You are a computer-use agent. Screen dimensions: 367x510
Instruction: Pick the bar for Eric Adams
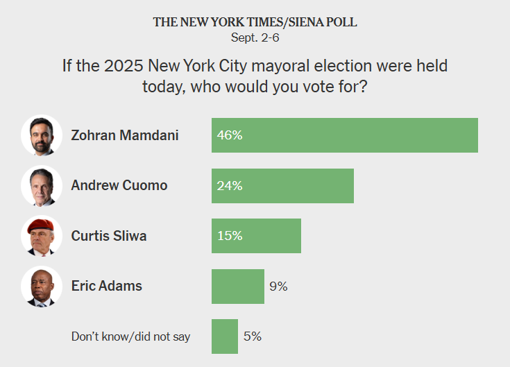237,286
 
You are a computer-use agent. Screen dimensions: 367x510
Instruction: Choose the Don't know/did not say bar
224,336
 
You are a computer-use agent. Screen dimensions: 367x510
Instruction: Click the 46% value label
230,135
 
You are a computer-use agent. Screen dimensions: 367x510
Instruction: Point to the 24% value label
230,186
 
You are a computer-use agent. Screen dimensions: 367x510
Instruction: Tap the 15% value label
230,236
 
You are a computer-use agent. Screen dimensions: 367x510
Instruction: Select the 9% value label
278,286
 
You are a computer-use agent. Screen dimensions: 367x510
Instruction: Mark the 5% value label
253,336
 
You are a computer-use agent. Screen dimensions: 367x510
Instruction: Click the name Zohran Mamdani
125,135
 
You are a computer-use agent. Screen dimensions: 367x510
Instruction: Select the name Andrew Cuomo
119,186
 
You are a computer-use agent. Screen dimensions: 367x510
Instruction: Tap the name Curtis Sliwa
109,236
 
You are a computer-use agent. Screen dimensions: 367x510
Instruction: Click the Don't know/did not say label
131,336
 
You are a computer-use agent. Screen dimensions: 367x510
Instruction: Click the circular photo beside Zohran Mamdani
38,135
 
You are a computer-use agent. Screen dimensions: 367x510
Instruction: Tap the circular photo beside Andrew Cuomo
38,186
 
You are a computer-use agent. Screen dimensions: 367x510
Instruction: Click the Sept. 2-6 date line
255,37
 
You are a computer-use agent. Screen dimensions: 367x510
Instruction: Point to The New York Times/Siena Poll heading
255,22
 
